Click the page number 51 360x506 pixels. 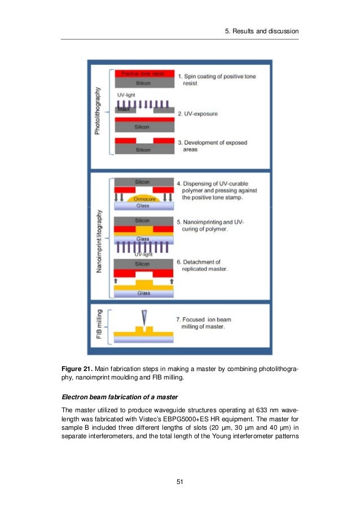click(180, 481)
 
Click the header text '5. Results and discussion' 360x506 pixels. click(261, 30)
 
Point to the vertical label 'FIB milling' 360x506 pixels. click(99, 325)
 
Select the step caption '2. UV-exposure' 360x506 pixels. click(198, 114)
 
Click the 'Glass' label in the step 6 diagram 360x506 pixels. click(143, 293)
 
